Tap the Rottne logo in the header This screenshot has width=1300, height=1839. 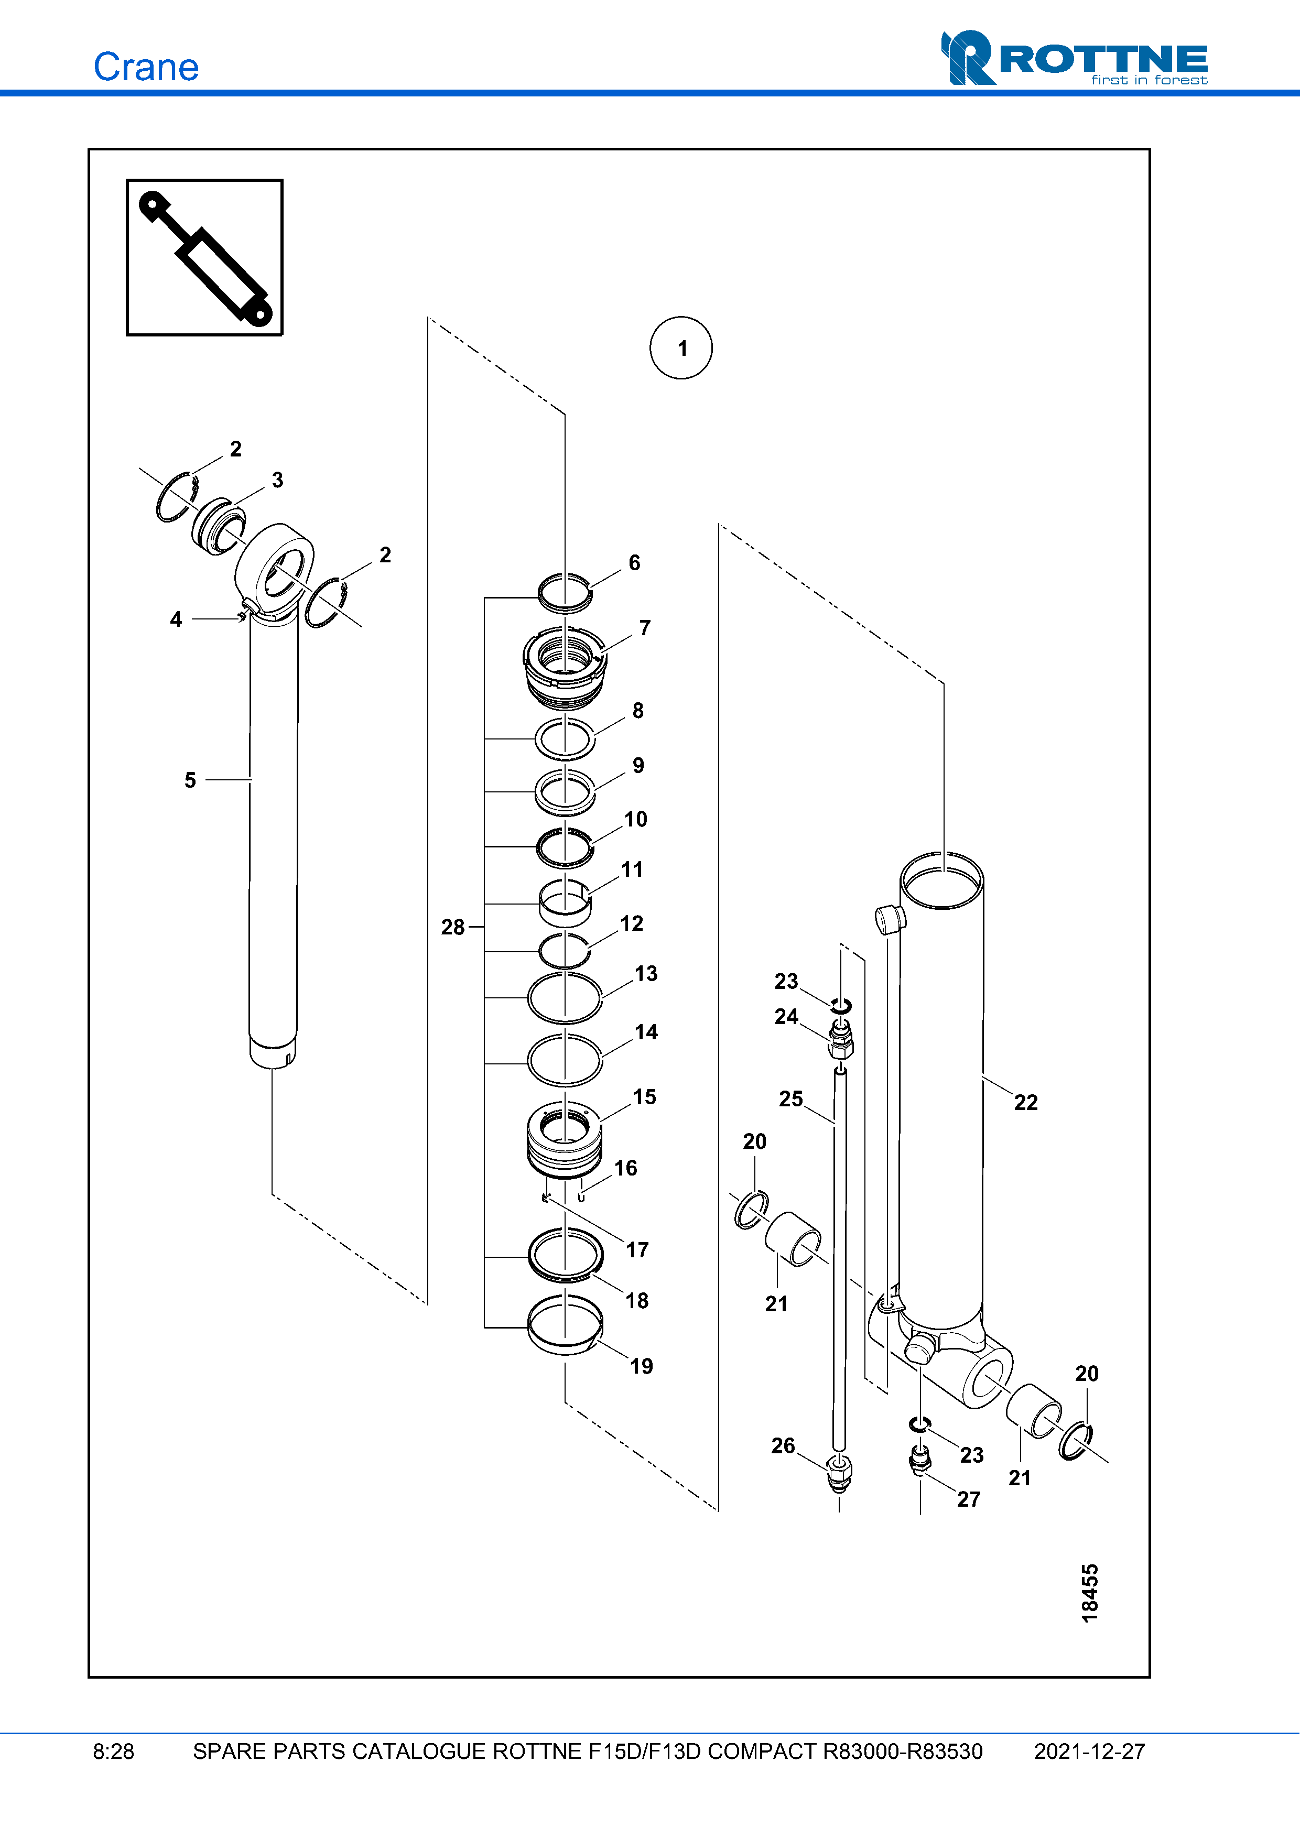(x=1074, y=59)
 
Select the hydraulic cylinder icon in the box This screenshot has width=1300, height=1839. (x=205, y=257)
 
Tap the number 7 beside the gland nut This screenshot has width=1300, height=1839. (x=645, y=628)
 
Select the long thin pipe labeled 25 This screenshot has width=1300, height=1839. (x=839, y=1257)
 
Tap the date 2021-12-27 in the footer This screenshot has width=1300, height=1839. (x=1089, y=1751)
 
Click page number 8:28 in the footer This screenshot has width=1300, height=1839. (x=114, y=1751)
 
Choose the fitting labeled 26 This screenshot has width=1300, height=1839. (x=839, y=1473)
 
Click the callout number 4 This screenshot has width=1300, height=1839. (x=176, y=619)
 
